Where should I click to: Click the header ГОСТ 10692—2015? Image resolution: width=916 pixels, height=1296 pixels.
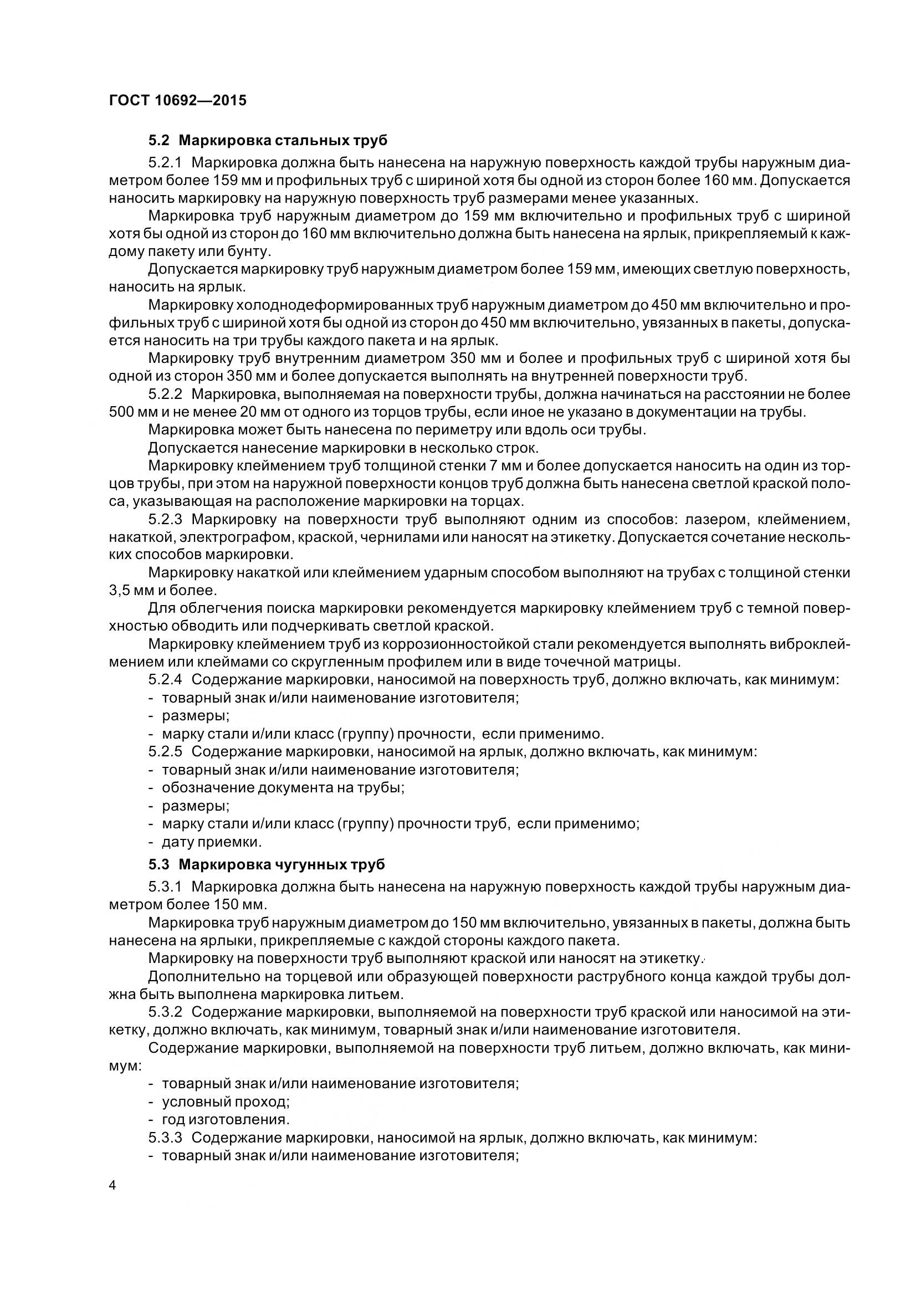point(177,100)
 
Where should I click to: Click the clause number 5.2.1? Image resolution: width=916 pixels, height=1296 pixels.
point(165,163)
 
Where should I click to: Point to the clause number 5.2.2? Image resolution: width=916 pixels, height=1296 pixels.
point(165,394)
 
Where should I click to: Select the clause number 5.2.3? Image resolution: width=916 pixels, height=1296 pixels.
point(165,519)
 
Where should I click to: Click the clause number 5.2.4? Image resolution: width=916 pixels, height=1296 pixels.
point(165,680)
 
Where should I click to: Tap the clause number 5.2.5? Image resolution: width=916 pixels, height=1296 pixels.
point(165,752)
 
